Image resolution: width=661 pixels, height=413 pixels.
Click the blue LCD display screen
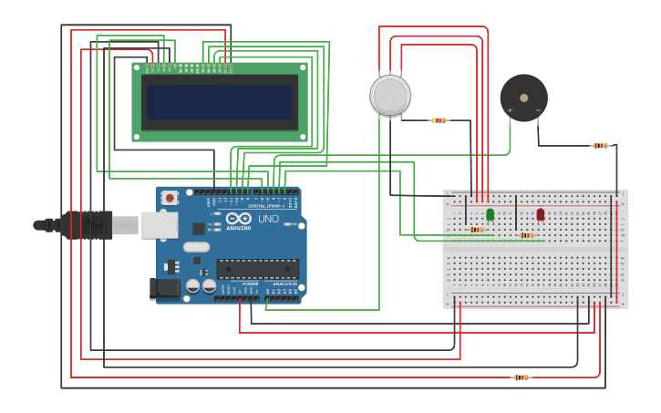coord(220,102)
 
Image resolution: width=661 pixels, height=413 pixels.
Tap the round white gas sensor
coord(390,96)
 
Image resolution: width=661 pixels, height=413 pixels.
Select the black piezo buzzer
coord(523,98)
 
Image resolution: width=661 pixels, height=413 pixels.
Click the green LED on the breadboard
coord(491,214)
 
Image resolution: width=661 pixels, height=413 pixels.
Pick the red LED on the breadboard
coord(541,214)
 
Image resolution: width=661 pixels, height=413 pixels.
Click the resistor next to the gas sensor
coord(439,120)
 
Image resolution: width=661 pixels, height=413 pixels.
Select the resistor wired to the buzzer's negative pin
coord(599,146)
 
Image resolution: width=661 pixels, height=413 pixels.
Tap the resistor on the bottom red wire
coord(521,377)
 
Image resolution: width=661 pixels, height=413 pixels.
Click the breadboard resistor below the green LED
coord(477,230)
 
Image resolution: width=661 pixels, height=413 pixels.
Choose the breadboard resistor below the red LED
coord(527,235)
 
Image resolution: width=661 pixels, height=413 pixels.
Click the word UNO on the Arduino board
coord(268,219)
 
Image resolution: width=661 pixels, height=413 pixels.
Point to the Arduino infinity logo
coord(239,219)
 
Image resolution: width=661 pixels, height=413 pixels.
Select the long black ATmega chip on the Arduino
coord(257,269)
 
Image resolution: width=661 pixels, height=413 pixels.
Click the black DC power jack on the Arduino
coord(165,289)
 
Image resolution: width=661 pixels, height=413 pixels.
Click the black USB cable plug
coord(87,224)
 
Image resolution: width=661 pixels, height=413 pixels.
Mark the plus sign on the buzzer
coord(510,110)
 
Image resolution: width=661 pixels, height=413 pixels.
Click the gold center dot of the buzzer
coord(523,98)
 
